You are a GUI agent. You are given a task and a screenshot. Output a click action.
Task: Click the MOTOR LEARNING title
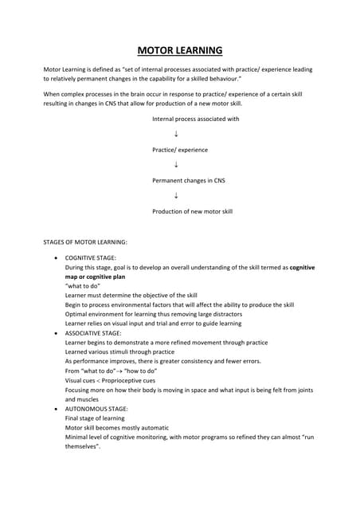(180, 51)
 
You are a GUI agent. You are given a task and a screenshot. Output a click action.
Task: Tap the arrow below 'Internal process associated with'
(175, 134)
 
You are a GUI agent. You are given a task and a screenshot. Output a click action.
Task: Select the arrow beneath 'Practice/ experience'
(175, 165)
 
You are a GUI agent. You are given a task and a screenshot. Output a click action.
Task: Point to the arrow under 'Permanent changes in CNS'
(175, 196)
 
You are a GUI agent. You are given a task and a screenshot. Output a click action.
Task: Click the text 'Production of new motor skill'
(192, 211)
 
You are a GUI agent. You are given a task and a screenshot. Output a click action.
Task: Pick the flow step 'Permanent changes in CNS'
(189, 180)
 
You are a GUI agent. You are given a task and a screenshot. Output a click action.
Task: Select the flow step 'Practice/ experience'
(180, 149)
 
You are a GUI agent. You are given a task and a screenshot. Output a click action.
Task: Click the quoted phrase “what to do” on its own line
(84, 286)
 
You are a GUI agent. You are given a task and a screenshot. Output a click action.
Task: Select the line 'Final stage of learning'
(95, 418)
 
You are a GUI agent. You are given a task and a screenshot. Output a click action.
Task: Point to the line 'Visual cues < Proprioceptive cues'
(111, 380)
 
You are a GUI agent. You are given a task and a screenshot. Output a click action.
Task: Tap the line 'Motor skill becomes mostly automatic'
(115, 427)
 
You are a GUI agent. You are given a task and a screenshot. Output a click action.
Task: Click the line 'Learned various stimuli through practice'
(119, 351)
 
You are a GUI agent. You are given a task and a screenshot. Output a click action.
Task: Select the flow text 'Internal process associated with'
(196, 119)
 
